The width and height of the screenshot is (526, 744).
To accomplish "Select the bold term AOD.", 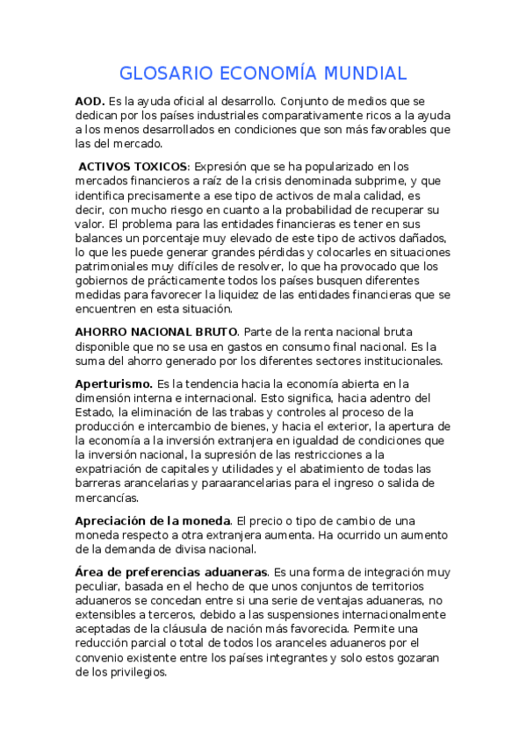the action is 90,102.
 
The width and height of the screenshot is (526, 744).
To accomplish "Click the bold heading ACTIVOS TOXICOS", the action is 133,166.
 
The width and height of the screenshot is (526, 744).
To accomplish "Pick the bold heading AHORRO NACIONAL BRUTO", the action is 156,332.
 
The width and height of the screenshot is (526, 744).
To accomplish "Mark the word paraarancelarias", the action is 273,483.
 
